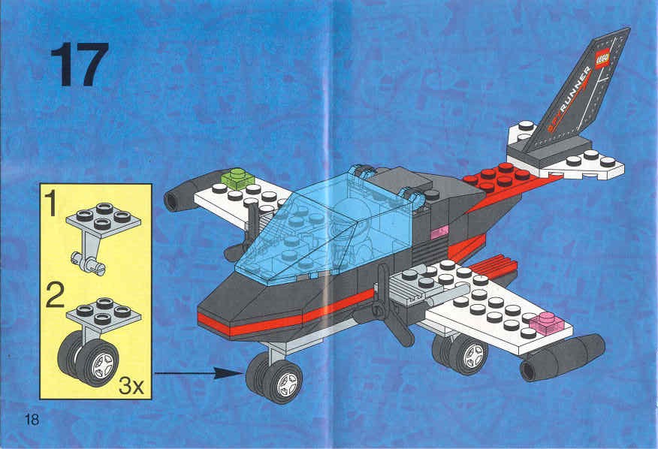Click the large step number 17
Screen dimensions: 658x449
click(80, 65)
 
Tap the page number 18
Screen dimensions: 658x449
click(32, 420)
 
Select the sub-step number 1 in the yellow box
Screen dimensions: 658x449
click(51, 203)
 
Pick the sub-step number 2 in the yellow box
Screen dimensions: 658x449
click(55, 295)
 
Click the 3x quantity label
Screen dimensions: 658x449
click(131, 386)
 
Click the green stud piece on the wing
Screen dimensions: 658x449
click(237, 178)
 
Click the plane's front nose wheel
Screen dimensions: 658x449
click(275, 378)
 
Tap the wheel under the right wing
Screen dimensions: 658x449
click(460, 352)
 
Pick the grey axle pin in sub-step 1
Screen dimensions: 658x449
click(88, 263)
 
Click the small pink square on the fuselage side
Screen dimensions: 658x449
click(439, 231)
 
